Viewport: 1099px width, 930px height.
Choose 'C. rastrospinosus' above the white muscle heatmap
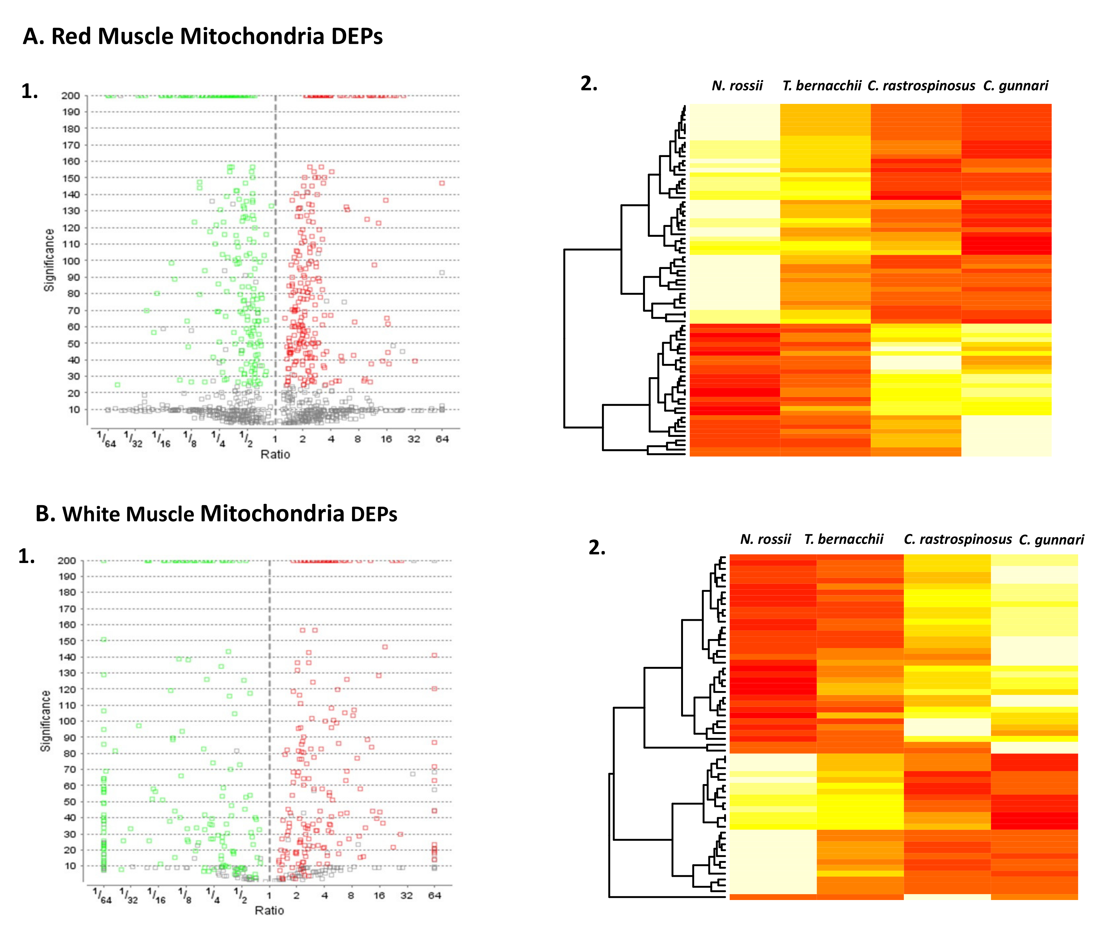click(957, 539)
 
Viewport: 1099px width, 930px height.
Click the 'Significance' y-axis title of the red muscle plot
click(49, 260)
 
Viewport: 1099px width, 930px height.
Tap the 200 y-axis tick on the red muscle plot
click(71, 96)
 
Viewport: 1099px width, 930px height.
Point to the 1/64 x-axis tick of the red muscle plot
click(106, 439)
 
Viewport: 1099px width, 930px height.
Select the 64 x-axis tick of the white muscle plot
click(434, 895)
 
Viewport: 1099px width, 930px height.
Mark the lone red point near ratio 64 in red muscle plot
click(442, 183)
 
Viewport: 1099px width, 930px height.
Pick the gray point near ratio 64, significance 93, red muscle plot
click(442, 273)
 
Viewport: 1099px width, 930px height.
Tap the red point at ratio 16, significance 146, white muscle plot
click(385, 647)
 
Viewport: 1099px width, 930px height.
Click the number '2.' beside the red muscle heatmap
click(589, 84)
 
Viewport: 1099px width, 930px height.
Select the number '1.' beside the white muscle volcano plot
click(26, 556)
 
